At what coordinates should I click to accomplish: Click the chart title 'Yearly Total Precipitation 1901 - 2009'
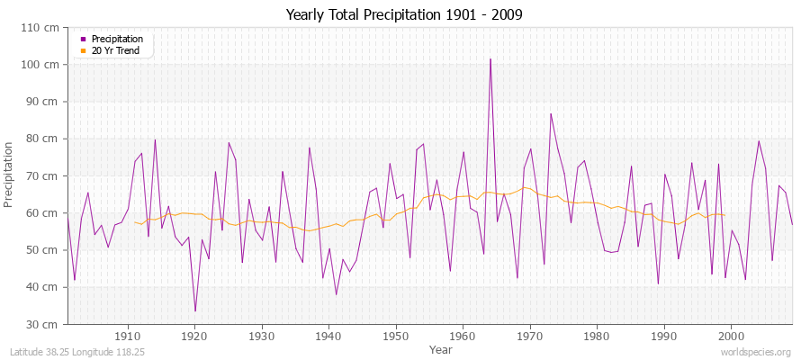click(404, 15)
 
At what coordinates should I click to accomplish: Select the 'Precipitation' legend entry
click(117, 39)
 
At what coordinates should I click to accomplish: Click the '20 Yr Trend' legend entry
click(117, 50)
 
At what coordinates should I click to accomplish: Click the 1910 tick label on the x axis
click(128, 336)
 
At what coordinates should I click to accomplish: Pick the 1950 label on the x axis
click(396, 336)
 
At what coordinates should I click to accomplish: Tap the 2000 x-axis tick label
click(731, 336)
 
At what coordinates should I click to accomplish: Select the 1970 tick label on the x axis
click(530, 336)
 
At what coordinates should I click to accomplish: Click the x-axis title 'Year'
click(441, 348)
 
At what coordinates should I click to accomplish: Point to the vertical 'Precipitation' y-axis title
click(9, 175)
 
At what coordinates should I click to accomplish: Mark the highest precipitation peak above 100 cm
click(490, 59)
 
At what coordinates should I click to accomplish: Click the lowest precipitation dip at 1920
click(195, 311)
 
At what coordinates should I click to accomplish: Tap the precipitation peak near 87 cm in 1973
click(551, 113)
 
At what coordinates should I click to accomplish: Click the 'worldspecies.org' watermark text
click(756, 353)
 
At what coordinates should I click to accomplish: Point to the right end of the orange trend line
click(724, 214)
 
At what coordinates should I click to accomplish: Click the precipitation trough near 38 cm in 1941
click(336, 294)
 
